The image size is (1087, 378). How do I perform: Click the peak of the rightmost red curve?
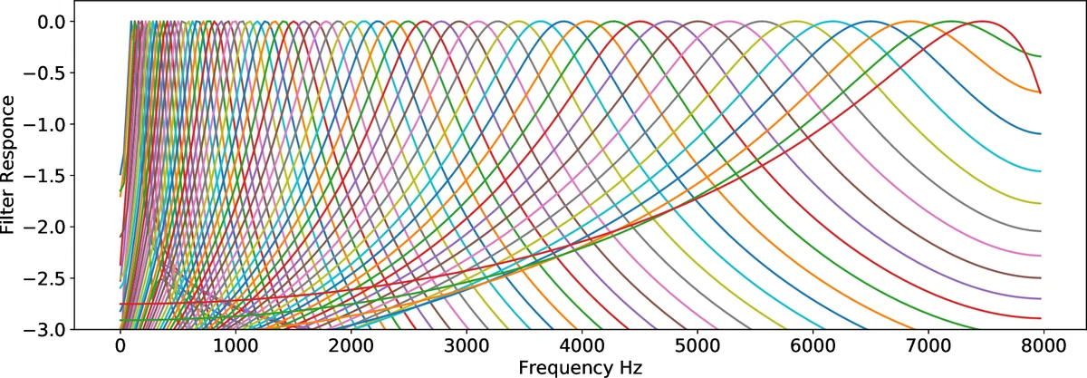[x=981, y=21]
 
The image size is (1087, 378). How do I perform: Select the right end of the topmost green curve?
[x=1041, y=56]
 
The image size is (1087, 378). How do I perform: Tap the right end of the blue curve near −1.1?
[x=1041, y=133]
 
